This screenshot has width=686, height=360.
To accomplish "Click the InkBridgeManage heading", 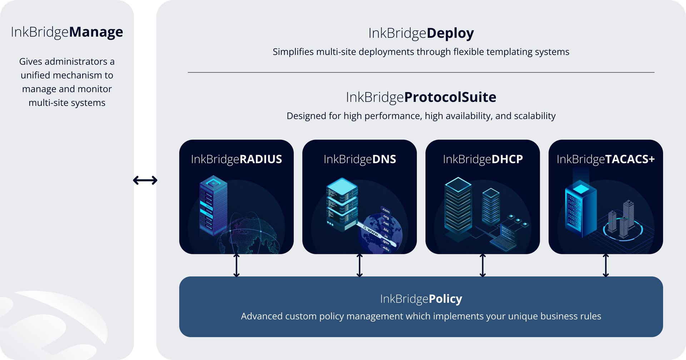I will pyautogui.click(x=67, y=32).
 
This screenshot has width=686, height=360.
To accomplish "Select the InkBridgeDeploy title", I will pyautogui.click(x=421, y=33).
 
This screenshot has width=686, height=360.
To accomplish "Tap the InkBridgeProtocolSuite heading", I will pyautogui.click(x=421, y=97).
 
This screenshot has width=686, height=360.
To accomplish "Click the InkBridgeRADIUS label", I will pyautogui.click(x=236, y=159).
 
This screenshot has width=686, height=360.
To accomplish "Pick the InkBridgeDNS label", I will pyautogui.click(x=359, y=159).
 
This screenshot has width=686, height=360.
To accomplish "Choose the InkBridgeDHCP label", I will pyautogui.click(x=483, y=159).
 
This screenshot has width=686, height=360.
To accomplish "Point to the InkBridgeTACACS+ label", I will pyautogui.click(x=606, y=159).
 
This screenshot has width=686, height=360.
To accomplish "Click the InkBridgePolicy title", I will pyautogui.click(x=421, y=299).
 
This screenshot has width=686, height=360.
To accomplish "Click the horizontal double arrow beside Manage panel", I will pyautogui.click(x=145, y=180).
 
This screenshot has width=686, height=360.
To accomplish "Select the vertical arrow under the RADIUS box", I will pyautogui.click(x=237, y=265).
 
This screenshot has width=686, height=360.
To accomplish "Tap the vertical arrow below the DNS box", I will pyautogui.click(x=359, y=265).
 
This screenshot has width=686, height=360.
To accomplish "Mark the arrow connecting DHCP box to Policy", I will pyautogui.click(x=483, y=265).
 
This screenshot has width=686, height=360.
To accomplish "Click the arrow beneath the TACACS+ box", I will pyautogui.click(x=606, y=265).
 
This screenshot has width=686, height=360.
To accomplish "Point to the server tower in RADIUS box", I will pyautogui.click(x=213, y=205).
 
